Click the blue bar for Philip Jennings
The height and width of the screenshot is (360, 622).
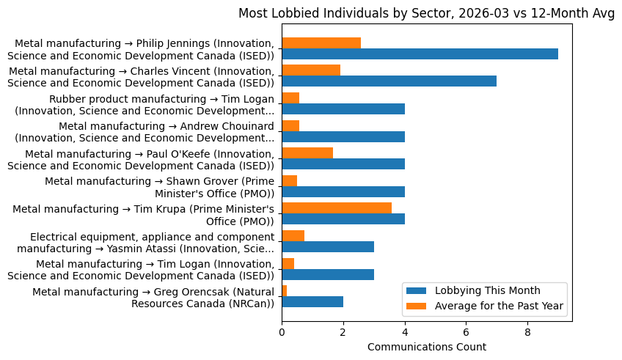point(420,54)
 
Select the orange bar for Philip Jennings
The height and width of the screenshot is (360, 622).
point(321,43)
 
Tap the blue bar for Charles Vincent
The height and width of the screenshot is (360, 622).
point(389,81)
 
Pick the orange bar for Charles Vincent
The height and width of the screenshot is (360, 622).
point(311,70)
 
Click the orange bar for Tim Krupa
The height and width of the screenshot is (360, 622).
point(337,208)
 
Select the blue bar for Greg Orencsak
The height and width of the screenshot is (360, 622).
point(312,302)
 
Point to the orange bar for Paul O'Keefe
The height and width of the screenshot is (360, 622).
point(307,153)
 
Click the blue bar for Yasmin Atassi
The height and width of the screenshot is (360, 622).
point(328,246)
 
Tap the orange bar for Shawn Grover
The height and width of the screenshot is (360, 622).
point(290,180)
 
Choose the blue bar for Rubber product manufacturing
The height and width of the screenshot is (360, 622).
point(343,109)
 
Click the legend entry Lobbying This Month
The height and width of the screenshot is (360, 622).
point(487,290)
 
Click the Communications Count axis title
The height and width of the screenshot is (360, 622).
point(426,347)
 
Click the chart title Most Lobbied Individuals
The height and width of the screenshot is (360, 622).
point(426,14)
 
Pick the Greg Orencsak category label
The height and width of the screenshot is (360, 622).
point(153,298)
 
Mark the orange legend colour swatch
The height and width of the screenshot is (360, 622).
point(417,306)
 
